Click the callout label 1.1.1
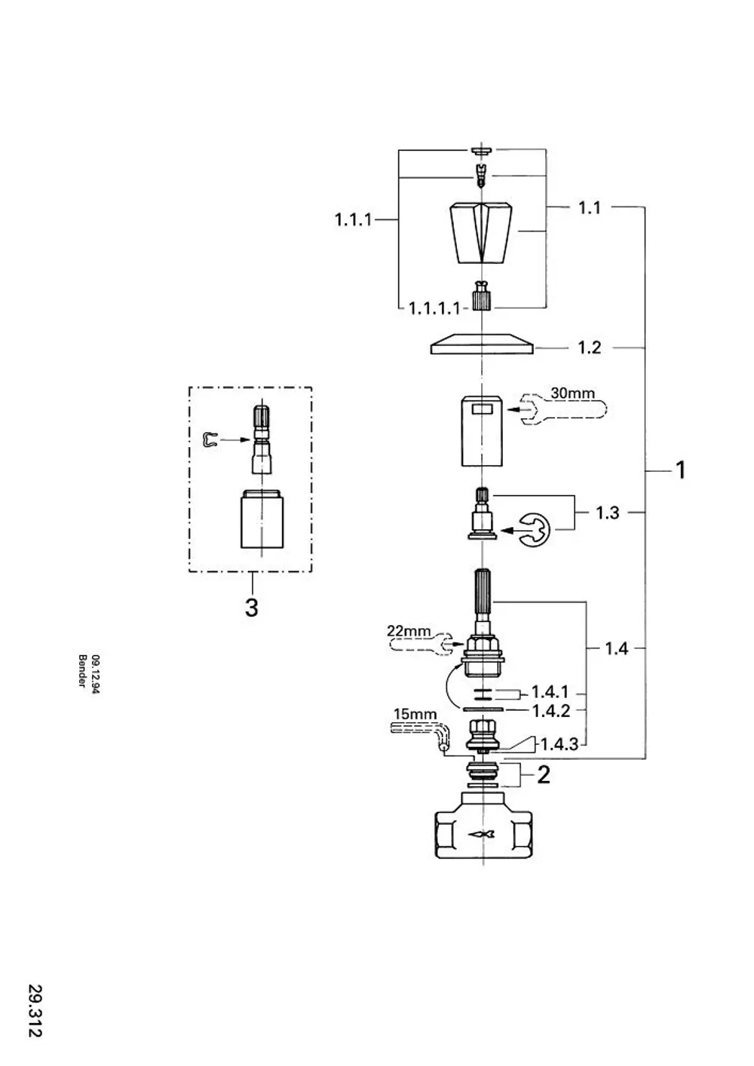click(x=353, y=220)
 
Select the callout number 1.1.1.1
click(x=434, y=309)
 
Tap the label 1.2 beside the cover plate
click(x=590, y=348)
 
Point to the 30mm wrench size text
click(x=572, y=393)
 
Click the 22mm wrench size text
click(x=409, y=631)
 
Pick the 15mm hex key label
click(x=415, y=715)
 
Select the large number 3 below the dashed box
click(x=251, y=608)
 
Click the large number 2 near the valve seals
click(x=543, y=775)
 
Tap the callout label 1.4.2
click(x=550, y=711)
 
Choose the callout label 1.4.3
click(x=559, y=744)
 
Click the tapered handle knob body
click(x=483, y=233)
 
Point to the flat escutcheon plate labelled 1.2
click(x=483, y=344)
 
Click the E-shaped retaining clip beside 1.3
click(x=535, y=529)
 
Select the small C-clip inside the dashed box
click(x=210, y=440)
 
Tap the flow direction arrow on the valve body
click(x=482, y=835)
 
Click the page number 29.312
click(x=35, y=1007)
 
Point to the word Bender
click(x=81, y=671)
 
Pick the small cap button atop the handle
click(x=482, y=150)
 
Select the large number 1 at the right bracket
click(x=681, y=470)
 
